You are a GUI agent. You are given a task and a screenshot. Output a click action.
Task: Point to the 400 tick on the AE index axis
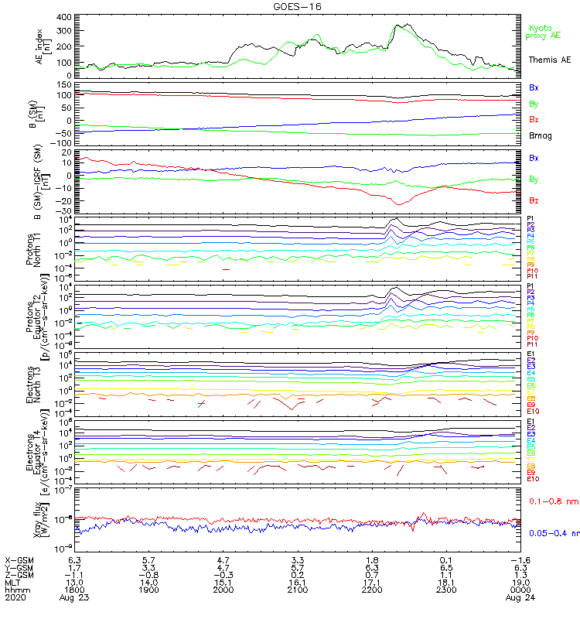click(x=65, y=17)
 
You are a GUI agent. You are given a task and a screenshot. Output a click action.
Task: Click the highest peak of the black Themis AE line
click(x=399, y=25)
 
